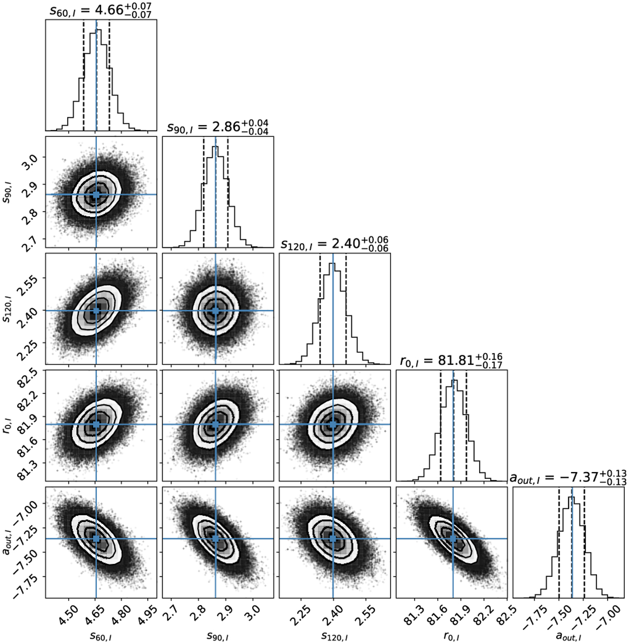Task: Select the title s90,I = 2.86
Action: click(x=218, y=127)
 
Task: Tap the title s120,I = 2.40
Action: click(x=334, y=244)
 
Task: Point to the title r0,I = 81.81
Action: click(x=451, y=361)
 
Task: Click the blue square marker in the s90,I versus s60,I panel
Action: click(x=96, y=194)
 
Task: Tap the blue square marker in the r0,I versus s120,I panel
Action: click(x=333, y=424)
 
